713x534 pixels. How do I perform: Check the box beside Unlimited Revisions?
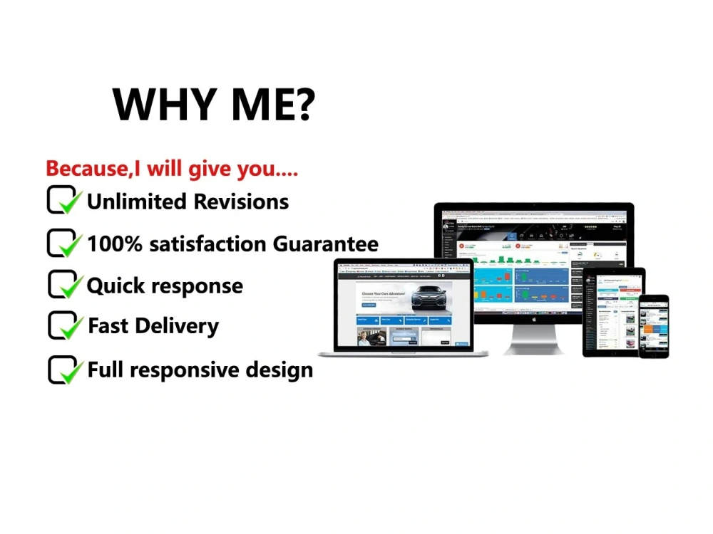tap(63, 200)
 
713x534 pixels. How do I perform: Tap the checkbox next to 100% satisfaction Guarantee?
tap(63, 243)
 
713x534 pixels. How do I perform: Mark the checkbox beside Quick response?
tap(63, 285)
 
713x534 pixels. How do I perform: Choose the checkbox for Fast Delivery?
tap(63, 325)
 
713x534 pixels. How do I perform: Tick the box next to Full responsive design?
tap(63, 370)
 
